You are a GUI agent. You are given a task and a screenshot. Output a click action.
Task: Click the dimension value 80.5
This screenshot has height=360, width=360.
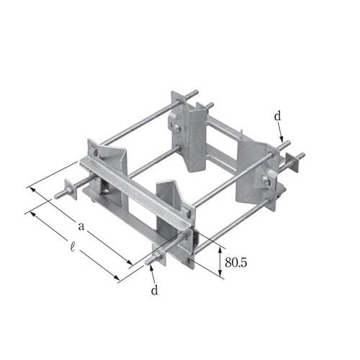235,263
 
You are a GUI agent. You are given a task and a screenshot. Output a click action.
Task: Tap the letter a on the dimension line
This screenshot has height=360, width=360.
81,226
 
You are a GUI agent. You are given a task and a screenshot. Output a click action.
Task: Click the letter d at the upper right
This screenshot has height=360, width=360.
277,117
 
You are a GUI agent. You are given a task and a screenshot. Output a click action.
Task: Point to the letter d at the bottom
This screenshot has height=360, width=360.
155,290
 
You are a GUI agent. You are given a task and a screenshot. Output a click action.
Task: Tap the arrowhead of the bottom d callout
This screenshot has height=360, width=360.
151,269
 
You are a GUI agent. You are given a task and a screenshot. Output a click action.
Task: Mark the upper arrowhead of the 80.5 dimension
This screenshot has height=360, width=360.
220,251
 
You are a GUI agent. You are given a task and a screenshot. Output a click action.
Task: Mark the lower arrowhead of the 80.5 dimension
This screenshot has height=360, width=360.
220,273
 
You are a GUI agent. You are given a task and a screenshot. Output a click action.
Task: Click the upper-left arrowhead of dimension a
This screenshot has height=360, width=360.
32,190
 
